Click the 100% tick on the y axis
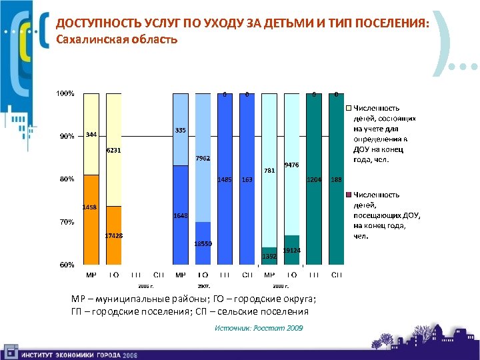pyautogui.click(x=65, y=93)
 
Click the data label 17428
pyautogui.click(x=113, y=237)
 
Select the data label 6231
pyautogui.click(x=113, y=151)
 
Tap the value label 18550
pyautogui.click(x=203, y=244)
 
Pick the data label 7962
pyautogui.click(x=203, y=159)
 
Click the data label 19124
pyautogui.click(x=291, y=251)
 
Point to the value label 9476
pyautogui.click(x=291, y=165)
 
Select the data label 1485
pyautogui.click(x=225, y=180)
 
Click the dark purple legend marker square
pyautogui.click(x=348, y=195)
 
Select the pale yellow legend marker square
pyautogui.click(x=348, y=107)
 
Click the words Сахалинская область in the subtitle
pyautogui.click(x=117, y=39)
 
